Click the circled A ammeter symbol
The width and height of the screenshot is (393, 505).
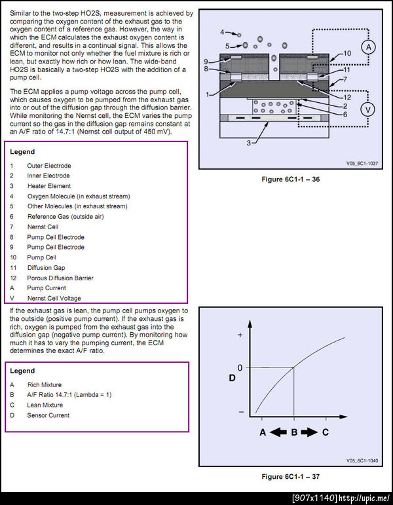point(369,48)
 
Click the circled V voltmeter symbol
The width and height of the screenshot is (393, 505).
point(367,110)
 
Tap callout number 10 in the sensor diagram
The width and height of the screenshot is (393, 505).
point(347,53)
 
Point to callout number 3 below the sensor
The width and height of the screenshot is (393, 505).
point(249,143)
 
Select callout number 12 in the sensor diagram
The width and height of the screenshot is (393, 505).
point(347,97)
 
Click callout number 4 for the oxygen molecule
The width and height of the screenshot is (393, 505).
point(222,32)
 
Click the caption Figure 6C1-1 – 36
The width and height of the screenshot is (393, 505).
point(291,179)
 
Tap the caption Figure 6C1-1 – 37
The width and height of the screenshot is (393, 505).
point(291,477)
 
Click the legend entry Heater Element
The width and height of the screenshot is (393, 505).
point(49,186)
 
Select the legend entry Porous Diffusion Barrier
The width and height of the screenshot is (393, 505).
point(60,278)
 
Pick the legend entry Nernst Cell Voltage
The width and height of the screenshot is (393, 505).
point(54,299)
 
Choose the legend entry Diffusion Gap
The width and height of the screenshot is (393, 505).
point(46,268)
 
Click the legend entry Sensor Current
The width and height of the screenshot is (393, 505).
point(48,415)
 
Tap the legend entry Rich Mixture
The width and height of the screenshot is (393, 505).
point(45,385)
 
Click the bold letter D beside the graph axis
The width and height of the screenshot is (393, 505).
point(232,378)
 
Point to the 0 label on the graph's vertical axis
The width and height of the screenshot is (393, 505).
point(240,367)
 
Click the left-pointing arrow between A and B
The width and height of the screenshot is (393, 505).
point(278,432)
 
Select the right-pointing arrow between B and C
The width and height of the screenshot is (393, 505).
point(309,432)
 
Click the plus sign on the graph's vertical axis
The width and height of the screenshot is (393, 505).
point(240,335)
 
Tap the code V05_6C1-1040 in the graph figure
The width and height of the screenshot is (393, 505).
point(362,461)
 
